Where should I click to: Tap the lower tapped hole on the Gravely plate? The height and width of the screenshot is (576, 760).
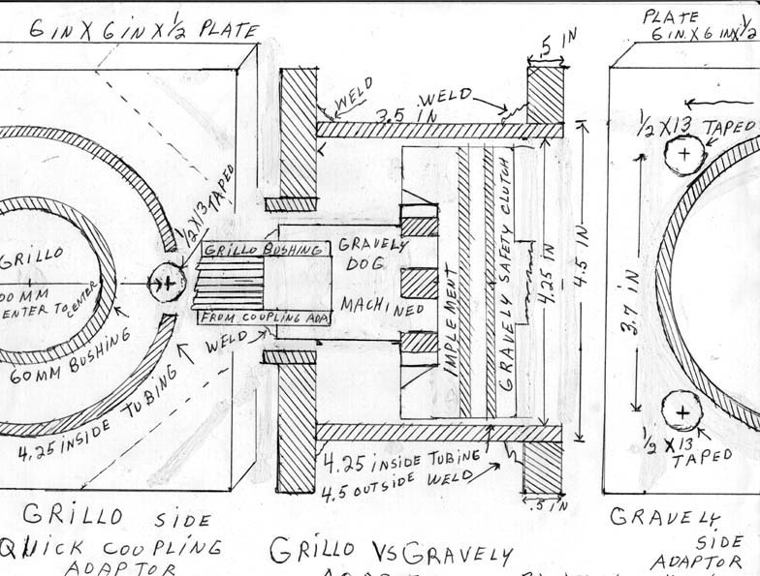point(682,413)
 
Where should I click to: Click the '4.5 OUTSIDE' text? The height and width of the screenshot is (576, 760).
point(377,475)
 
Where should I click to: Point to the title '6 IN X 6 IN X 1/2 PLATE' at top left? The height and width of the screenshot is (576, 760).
point(142,31)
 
